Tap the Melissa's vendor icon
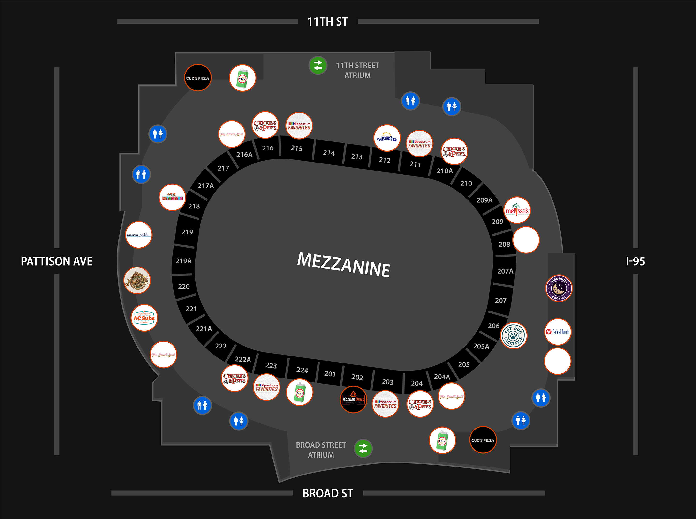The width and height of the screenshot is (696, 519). point(517,210)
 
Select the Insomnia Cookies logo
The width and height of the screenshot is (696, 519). point(559,288)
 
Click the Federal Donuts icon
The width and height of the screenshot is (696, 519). point(558,332)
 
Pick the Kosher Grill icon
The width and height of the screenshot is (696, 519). point(353,399)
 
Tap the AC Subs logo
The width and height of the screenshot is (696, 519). point(144,318)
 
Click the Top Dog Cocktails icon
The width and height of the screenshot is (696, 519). point(513,335)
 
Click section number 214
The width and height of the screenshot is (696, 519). point(329,153)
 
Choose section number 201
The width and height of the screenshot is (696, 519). point(330,374)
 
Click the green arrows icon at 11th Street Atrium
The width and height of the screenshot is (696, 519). point(318,65)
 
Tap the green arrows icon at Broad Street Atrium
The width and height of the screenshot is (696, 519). point(363,448)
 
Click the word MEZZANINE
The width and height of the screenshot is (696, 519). point(344,265)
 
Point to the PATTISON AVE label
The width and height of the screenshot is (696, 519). point(57,261)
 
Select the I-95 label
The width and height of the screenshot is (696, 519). point(635,261)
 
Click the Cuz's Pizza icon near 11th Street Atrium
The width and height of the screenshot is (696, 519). point(197,78)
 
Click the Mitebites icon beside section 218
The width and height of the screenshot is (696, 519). point(172,197)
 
